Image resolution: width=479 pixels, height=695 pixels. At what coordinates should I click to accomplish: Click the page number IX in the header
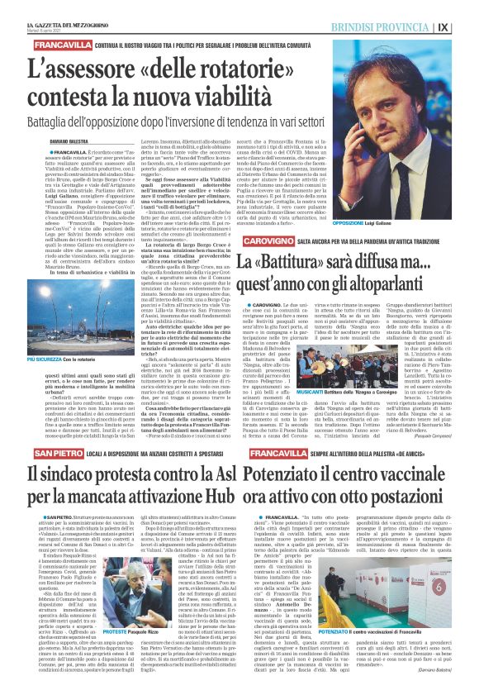467,26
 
